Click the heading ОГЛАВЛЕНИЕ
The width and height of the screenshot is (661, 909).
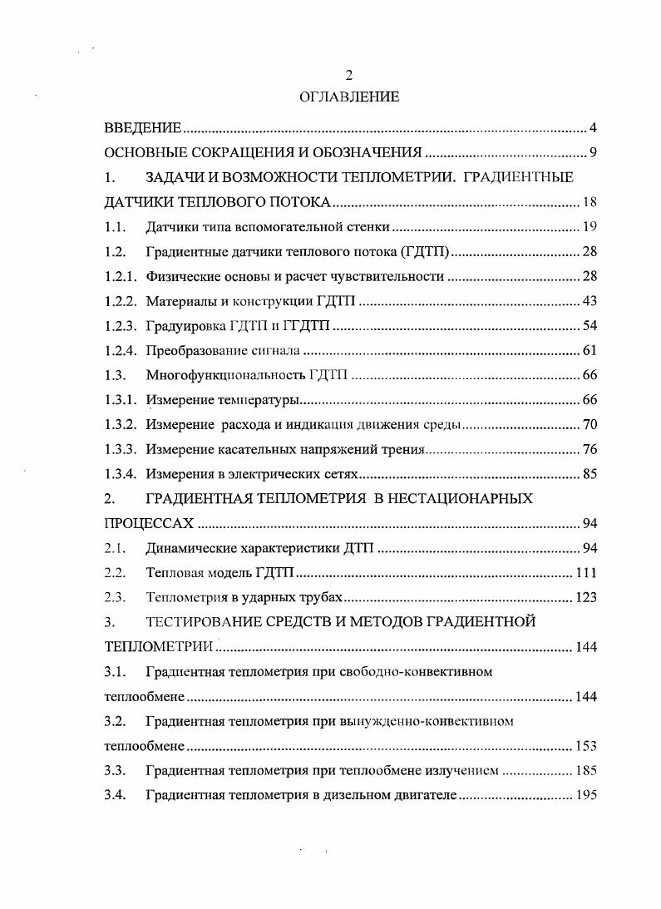point(349,97)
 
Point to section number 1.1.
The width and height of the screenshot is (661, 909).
point(115,227)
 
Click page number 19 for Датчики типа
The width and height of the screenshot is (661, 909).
point(590,227)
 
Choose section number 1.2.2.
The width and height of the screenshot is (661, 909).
point(120,301)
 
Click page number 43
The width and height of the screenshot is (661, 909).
point(590,301)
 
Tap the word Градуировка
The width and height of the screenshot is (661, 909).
point(180,326)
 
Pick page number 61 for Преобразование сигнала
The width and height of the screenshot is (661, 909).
point(590,351)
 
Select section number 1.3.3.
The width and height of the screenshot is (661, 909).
point(120,450)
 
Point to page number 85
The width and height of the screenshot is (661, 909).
point(590,475)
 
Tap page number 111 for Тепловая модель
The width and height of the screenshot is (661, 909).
point(586,573)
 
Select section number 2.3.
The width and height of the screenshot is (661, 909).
point(115,598)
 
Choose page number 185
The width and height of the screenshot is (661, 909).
point(586,771)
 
